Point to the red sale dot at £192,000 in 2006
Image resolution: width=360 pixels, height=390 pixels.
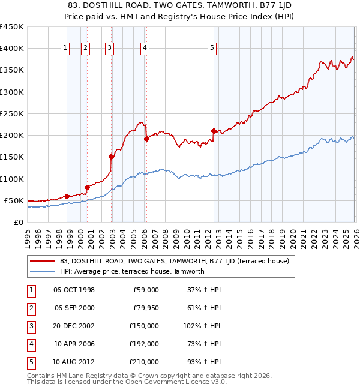(x=146, y=139)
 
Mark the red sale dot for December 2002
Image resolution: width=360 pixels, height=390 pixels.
(x=111, y=157)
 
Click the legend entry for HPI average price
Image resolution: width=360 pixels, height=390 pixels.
(x=132, y=271)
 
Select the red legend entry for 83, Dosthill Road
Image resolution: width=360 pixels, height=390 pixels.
(x=175, y=261)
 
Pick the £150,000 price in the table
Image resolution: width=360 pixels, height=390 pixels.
(x=143, y=326)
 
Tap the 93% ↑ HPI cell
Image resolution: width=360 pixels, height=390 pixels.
(x=203, y=362)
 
